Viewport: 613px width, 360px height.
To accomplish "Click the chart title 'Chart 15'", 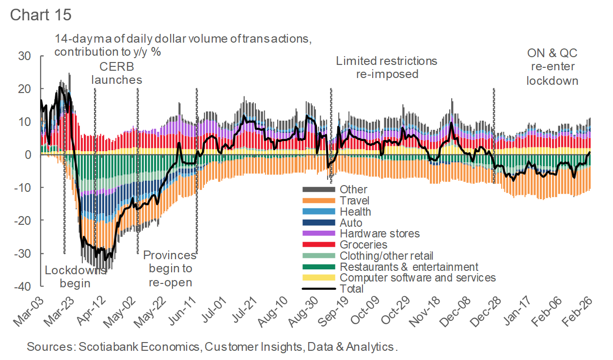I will (x=41, y=14).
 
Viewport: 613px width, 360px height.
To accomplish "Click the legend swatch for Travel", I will (x=318, y=201).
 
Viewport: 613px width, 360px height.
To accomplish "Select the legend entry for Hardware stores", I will (x=379, y=234).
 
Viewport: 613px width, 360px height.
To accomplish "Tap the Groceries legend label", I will (x=363, y=245).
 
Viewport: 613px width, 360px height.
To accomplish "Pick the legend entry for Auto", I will (x=351, y=223).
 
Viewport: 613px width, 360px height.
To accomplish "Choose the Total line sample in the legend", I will (x=318, y=289).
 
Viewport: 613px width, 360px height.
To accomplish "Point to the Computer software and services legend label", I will (x=418, y=278).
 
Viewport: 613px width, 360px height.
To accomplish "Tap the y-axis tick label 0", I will (x=28, y=155).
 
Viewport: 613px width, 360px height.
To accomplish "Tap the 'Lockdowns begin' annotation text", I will (x=75, y=276).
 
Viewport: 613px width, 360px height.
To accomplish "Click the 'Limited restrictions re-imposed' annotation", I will (x=386, y=67).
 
